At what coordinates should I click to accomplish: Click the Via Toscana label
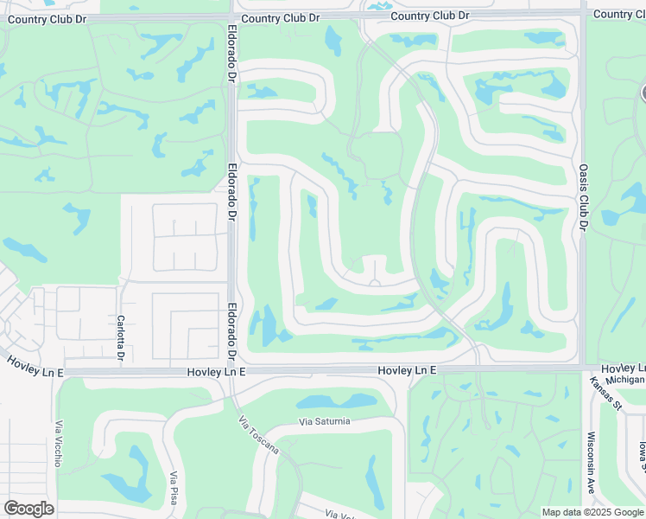(x=259, y=434)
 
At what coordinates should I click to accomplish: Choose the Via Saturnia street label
(x=325, y=421)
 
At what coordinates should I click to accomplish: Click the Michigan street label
(x=624, y=379)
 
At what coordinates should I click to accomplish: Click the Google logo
(x=28, y=509)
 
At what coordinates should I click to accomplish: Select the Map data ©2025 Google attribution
(x=592, y=512)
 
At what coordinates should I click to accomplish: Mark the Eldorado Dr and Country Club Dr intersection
(x=233, y=16)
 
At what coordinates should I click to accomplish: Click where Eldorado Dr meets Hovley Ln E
(x=231, y=370)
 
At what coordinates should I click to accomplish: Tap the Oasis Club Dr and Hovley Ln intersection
(x=583, y=368)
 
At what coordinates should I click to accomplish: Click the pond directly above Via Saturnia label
(x=338, y=400)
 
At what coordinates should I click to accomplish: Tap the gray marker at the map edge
(x=643, y=93)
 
